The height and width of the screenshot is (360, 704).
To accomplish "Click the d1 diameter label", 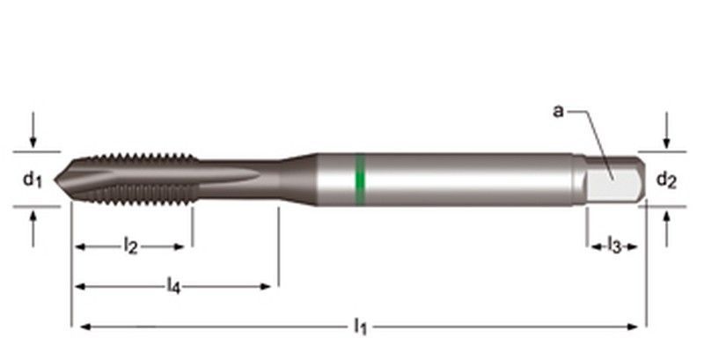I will [33, 180].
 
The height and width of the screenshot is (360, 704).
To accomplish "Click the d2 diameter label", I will [666, 181].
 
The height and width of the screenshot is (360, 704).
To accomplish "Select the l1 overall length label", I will [360, 327].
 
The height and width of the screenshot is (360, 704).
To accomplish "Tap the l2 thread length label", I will [130, 247].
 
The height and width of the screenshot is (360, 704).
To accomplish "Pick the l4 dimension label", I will [174, 286].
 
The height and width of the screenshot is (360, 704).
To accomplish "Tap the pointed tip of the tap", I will [56, 180].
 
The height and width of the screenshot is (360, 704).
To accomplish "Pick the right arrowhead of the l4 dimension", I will [269, 286].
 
